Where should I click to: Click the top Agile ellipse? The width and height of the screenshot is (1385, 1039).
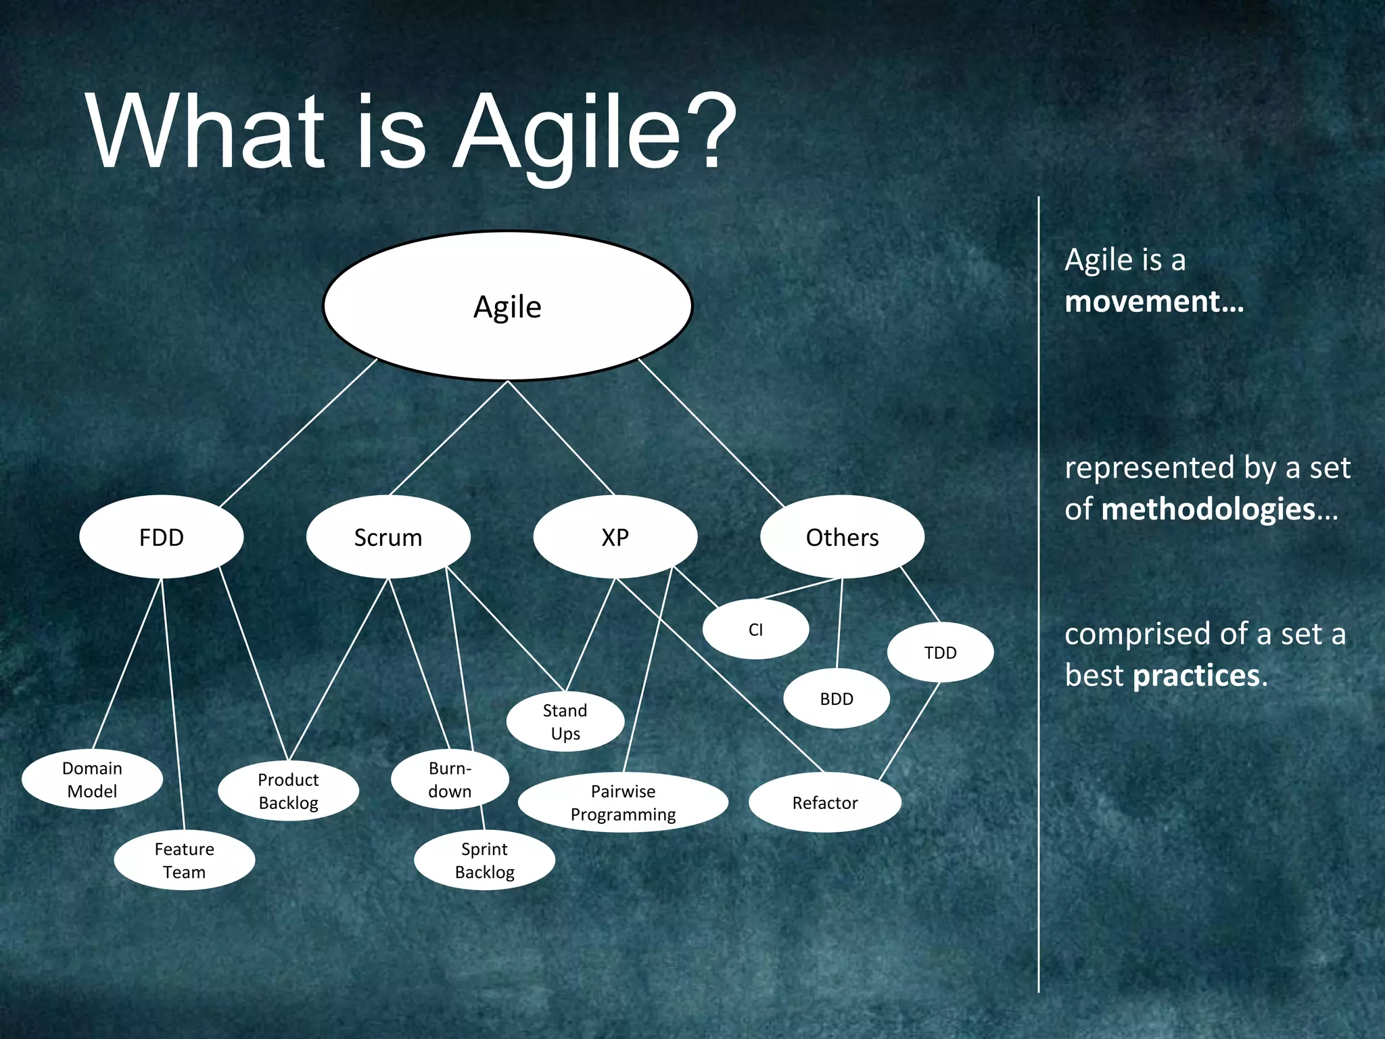pos(507,306)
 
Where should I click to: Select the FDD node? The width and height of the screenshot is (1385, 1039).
pos(161,537)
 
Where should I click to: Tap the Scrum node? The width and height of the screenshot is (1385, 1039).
pos(388,537)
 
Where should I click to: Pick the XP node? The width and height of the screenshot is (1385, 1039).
pos(615,537)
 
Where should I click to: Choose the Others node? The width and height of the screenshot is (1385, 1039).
pos(842,537)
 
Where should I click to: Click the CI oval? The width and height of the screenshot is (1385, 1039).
pos(755,630)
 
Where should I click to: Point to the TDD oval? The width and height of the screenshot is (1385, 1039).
pos(940,653)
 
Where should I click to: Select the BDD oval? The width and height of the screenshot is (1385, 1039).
pos(837,699)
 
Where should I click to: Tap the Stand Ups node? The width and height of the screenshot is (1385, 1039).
pos(565,722)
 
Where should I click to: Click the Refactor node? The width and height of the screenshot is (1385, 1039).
pos(825,803)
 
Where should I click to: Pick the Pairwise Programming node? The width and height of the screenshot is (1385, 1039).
pos(623,803)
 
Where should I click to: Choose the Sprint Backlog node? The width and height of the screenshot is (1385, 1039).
pos(484,860)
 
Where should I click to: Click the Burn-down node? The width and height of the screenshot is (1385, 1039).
pos(450,780)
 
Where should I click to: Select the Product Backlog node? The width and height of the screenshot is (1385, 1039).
pos(288,791)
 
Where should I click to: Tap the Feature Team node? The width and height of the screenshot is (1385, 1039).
pos(184,860)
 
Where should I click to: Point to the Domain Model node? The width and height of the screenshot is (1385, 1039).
pos(92,780)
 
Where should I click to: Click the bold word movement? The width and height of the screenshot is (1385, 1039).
pos(1154,302)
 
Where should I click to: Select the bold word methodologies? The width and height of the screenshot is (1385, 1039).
pos(1208,509)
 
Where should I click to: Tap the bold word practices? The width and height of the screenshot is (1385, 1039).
pos(1196,676)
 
